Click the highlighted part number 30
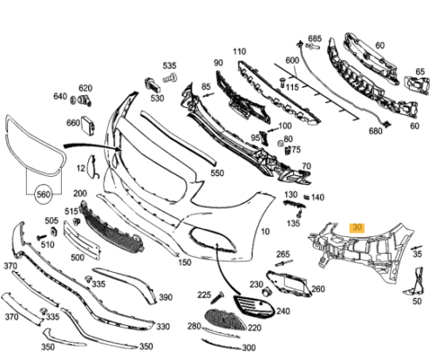click(x=357, y=228)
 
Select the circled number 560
click(x=44, y=194)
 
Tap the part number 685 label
click(x=315, y=38)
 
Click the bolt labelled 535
click(x=170, y=78)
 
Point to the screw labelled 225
click(x=218, y=297)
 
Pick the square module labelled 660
click(x=88, y=126)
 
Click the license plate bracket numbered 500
click(x=82, y=240)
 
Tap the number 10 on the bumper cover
click(x=265, y=232)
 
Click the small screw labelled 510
click(x=42, y=237)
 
